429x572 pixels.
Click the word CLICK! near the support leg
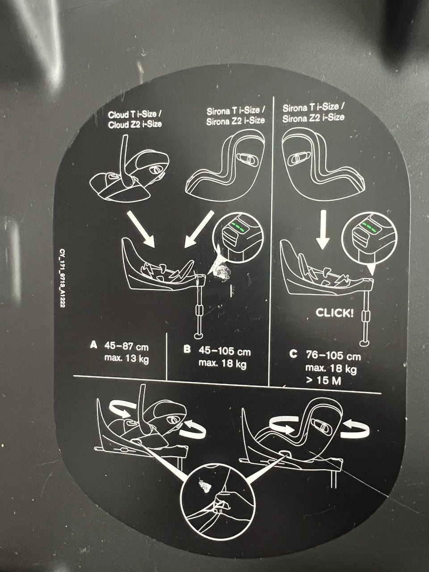335,313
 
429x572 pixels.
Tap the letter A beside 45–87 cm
93,345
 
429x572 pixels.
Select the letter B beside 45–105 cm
187,349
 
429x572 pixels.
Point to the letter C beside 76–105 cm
293,354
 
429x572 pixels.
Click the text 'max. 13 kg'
126,359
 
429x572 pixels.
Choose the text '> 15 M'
324,381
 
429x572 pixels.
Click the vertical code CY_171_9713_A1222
63,279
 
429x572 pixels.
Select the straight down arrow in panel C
323,230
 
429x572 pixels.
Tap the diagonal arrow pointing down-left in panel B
199,229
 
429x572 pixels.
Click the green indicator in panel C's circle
370,226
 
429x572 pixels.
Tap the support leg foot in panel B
199,335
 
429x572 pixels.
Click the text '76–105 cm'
333,356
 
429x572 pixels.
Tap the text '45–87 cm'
126,347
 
